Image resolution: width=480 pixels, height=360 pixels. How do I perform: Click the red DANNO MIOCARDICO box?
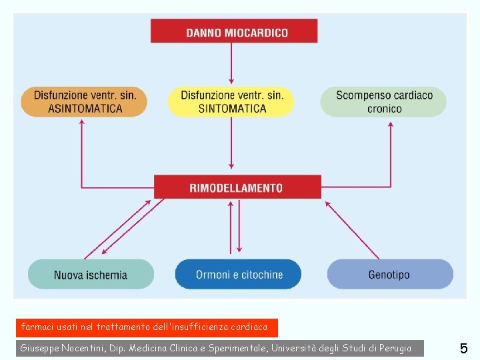pyautogui.click(x=233, y=31)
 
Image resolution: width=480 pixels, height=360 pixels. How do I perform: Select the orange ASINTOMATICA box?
pyautogui.click(x=84, y=102)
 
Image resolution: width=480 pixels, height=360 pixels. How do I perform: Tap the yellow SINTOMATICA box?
pyautogui.click(x=231, y=102)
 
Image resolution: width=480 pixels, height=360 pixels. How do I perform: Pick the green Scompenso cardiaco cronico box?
pyautogui.click(x=383, y=102)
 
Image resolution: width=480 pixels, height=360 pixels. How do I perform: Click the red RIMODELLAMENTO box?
pyautogui.click(x=237, y=187)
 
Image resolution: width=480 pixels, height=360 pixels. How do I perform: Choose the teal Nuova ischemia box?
pyautogui.click(x=91, y=274)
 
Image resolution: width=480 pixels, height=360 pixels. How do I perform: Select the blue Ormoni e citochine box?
pyautogui.click(x=238, y=274)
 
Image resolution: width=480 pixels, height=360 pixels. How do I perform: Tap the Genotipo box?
pyautogui.click(x=389, y=274)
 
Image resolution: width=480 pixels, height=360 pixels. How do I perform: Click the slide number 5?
pyautogui.click(x=463, y=348)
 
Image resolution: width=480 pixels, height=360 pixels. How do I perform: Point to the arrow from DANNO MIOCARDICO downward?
pyautogui.click(x=231, y=63)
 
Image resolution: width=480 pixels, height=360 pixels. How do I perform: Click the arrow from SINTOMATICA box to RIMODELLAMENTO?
pyautogui.click(x=231, y=143)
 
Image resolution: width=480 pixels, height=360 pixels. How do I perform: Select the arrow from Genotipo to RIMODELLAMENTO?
pyautogui.click(x=353, y=230)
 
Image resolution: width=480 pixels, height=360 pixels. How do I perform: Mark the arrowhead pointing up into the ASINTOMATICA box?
pyautogui.click(x=81, y=123)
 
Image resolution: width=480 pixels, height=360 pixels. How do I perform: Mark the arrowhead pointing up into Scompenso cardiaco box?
pyautogui.click(x=390, y=123)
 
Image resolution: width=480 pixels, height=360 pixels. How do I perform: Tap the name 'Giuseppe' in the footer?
pyautogui.click(x=41, y=348)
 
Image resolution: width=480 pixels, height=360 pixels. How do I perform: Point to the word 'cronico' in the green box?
pyautogui.click(x=385, y=109)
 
